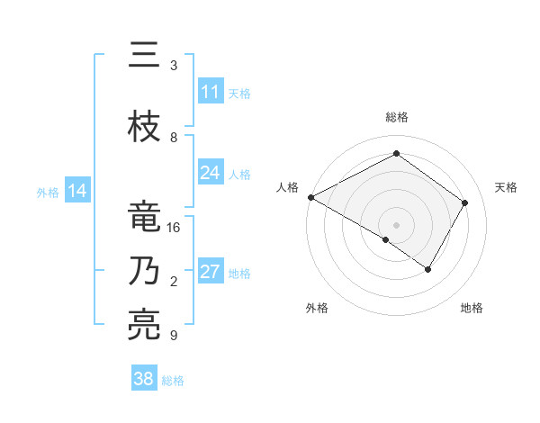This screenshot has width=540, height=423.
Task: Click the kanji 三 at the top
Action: coord(145,57)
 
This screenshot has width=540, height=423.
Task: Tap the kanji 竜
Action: coord(145,216)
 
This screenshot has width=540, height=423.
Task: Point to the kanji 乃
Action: coord(145,272)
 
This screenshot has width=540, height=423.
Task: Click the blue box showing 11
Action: coord(210,92)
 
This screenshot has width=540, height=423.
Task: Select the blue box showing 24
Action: coord(210,173)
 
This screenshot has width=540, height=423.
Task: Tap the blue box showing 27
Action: coord(210,272)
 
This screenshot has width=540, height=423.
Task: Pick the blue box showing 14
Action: coord(77,191)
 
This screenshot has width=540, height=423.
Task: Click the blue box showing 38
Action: coord(144,379)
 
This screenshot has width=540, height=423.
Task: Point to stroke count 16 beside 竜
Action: coord(175,228)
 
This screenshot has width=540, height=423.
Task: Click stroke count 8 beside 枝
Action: coord(174,138)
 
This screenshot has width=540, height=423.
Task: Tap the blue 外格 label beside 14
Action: coord(48,192)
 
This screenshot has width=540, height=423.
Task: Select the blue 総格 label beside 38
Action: coord(173,381)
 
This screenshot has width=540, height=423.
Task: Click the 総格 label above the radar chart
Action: coord(396,118)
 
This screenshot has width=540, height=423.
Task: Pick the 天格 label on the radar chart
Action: coord(506,187)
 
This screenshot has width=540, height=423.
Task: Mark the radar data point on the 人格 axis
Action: coord(310,196)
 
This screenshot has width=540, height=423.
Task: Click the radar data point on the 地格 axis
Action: coord(428,269)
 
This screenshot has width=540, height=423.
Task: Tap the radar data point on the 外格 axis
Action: coord(385,239)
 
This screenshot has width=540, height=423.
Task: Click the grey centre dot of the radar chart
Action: coord(396,224)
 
